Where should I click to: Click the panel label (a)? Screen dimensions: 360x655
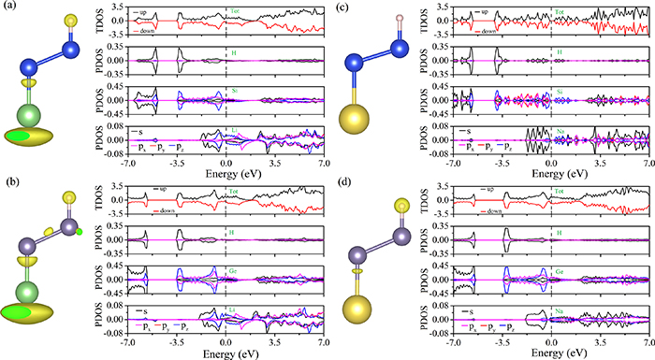click(10, 11)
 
